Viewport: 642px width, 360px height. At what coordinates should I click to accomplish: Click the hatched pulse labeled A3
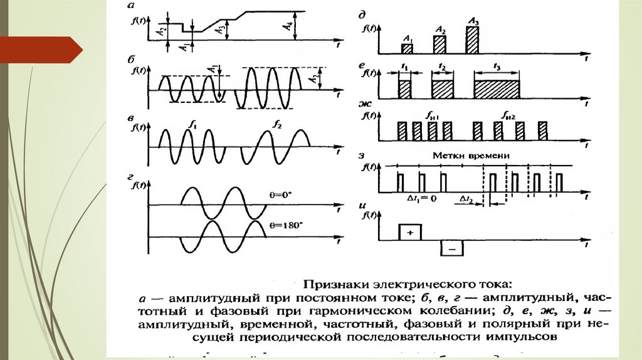471,41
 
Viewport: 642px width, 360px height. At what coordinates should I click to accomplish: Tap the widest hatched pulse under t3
497,89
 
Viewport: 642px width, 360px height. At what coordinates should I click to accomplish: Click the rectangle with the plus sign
411,231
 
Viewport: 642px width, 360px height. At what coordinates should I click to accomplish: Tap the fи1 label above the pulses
431,115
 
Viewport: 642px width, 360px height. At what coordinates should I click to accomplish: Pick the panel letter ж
364,103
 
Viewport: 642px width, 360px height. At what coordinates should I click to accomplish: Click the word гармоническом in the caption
430,309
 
